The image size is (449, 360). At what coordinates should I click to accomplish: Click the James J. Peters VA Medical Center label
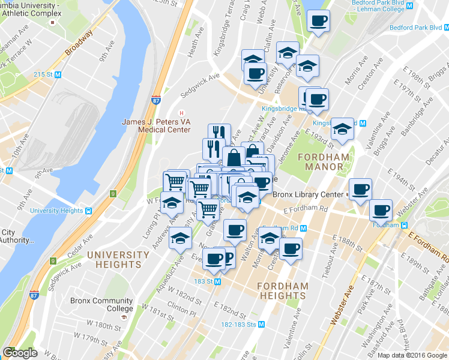(x=156, y=125)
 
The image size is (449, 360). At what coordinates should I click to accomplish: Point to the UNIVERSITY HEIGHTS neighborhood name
(x=118, y=259)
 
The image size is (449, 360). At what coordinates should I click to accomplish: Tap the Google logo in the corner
(x=19, y=353)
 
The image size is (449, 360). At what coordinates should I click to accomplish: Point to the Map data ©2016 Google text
(x=412, y=355)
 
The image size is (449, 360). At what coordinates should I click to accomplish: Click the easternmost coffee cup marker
(x=381, y=211)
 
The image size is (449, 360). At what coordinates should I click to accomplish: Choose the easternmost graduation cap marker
(x=343, y=128)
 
